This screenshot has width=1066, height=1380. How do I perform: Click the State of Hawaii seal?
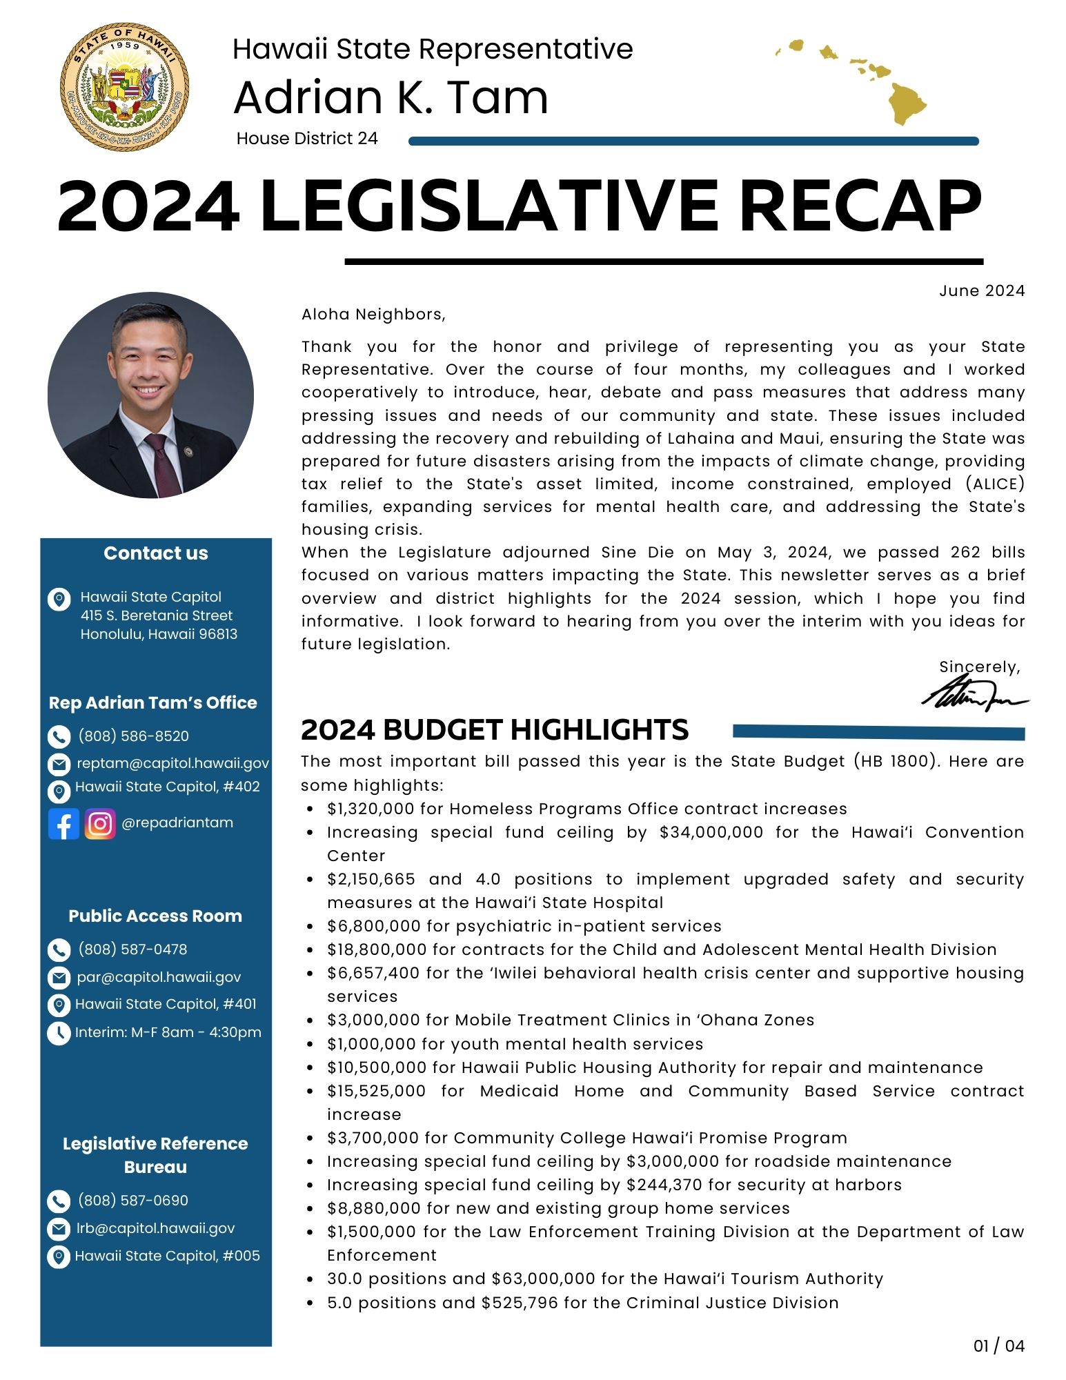(x=125, y=86)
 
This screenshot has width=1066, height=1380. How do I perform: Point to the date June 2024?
(x=981, y=290)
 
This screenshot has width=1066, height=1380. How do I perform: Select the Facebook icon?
(x=63, y=824)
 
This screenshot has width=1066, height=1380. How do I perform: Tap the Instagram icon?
(x=100, y=824)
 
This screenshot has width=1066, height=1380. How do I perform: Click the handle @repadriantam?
(x=177, y=822)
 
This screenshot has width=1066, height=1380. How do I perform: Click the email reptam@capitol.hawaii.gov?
(x=172, y=763)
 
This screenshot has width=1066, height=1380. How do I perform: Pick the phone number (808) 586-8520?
(x=133, y=736)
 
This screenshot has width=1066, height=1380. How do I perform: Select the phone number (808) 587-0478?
(x=132, y=949)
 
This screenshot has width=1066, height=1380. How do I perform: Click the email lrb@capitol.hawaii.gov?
(x=155, y=1228)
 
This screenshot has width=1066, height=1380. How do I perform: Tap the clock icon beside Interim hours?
(x=59, y=1033)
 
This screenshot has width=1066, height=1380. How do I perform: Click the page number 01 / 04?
(x=998, y=1345)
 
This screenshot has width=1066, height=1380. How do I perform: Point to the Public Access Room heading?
(x=155, y=916)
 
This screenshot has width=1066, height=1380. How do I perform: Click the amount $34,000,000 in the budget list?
(x=711, y=832)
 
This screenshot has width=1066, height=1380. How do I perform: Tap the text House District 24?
(x=307, y=139)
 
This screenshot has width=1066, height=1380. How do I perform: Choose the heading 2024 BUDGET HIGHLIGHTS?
(x=495, y=730)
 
